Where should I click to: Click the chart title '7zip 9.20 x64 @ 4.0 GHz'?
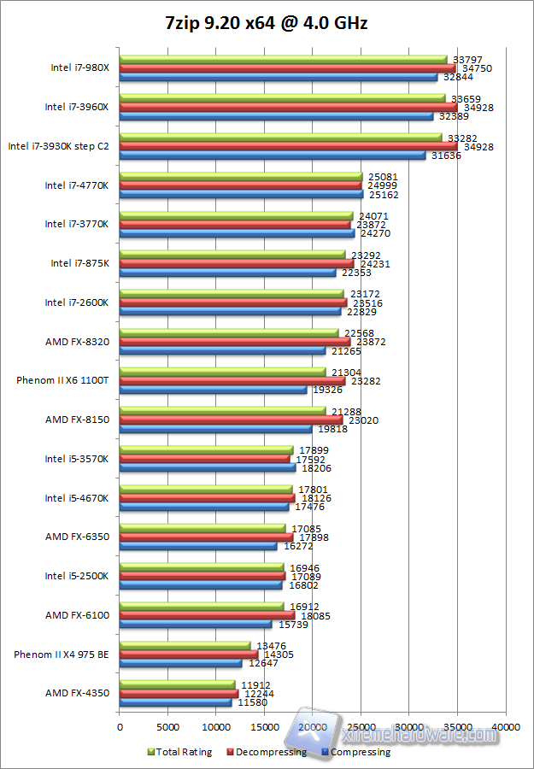pyautogui.click(x=267, y=23)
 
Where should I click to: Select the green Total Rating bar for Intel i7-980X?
pyautogui.click(x=283, y=60)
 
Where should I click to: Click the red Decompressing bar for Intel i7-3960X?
pyautogui.click(x=288, y=108)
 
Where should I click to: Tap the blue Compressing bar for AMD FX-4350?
pyautogui.click(x=175, y=702)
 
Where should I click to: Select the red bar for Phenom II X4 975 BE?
pyautogui.click(x=188, y=655)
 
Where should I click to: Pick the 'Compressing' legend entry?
pyautogui.click(x=359, y=752)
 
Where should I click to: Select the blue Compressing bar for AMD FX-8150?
pyautogui.click(x=215, y=429)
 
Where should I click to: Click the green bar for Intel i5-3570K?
pyautogui.click(x=206, y=449)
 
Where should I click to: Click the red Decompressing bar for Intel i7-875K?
pyautogui.click(x=236, y=264)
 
